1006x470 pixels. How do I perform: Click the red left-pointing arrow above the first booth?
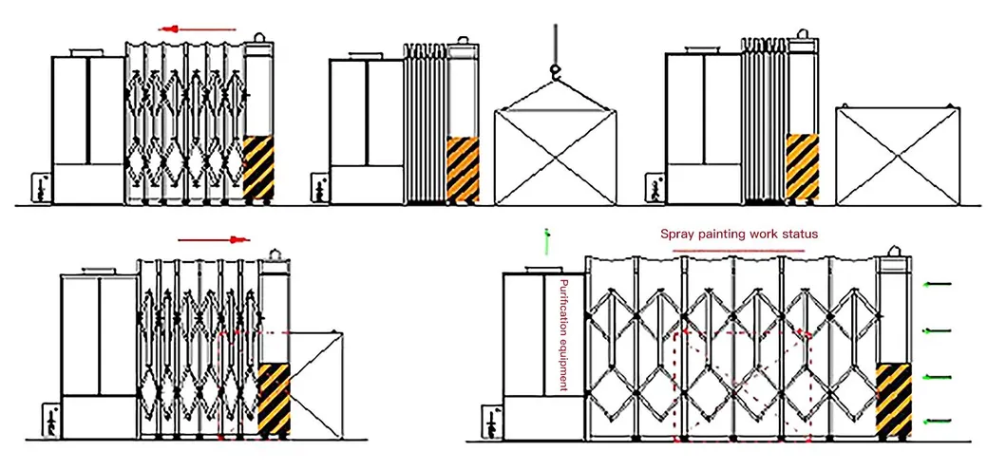pos(197,29)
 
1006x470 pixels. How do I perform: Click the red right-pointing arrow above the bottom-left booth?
pos(214,240)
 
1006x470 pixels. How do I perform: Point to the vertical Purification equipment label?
pos(563,335)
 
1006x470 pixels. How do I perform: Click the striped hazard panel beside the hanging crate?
pos(463,170)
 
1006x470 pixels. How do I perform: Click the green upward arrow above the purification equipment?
pos(546,241)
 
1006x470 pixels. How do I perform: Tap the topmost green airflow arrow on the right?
pos(938,283)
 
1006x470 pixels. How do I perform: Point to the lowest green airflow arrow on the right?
pos(938,420)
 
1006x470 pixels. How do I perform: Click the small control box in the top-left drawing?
pos(41,187)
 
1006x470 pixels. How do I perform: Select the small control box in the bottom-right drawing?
pos(490,422)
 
